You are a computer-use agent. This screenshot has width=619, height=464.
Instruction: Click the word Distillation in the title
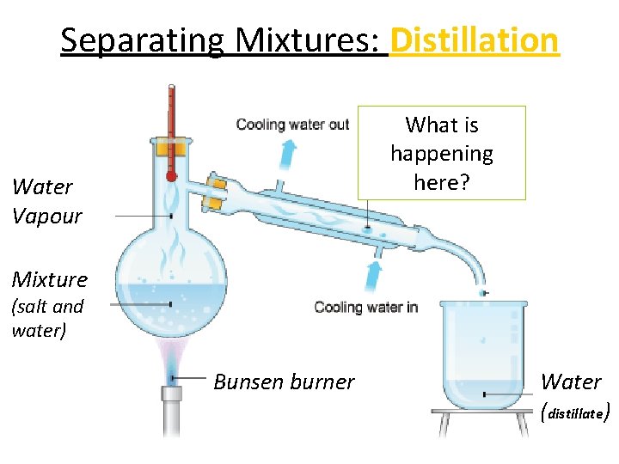pyautogui.click(x=474, y=40)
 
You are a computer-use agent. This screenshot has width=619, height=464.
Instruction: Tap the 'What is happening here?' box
pyautogui.click(x=442, y=153)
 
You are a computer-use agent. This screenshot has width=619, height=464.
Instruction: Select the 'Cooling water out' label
pyautogui.click(x=292, y=125)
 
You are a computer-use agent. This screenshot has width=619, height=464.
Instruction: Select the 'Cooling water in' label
pyautogui.click(x=366, y=307)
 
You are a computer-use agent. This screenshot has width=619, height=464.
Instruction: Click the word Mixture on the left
pyautogui.click(x=50, y=279)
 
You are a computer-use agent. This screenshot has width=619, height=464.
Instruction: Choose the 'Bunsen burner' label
pyautogui.click(x=284, y=382)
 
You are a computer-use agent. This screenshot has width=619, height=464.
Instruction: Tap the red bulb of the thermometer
pyautogui.click(x=171, y=175)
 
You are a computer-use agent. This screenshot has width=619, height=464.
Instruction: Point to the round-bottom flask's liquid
pyautogui.click(x=172, y=305)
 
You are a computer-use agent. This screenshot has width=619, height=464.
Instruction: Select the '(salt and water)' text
pyautogui.click(x=47, y=318)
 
